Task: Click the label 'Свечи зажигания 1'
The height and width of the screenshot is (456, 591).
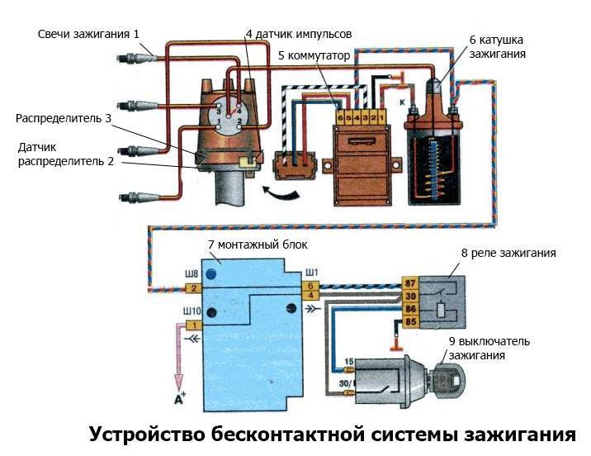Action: (x=89, y=34)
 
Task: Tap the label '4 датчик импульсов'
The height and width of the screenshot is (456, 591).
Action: (x=299, y=34)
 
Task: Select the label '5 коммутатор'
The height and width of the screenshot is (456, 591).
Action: (x=314, y=55)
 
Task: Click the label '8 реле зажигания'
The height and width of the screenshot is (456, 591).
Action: (x=508, y=253)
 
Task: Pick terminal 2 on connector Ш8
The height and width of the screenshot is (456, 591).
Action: (x=192, y=287)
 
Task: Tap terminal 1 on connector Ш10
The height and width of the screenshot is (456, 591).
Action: (x=192, y=325)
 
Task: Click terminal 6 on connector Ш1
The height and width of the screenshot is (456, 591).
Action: (x=310, y=284)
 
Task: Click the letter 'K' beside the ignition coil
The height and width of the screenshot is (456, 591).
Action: (x=401, y=102)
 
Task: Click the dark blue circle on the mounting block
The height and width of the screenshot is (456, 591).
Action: (x=212, y=273)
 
